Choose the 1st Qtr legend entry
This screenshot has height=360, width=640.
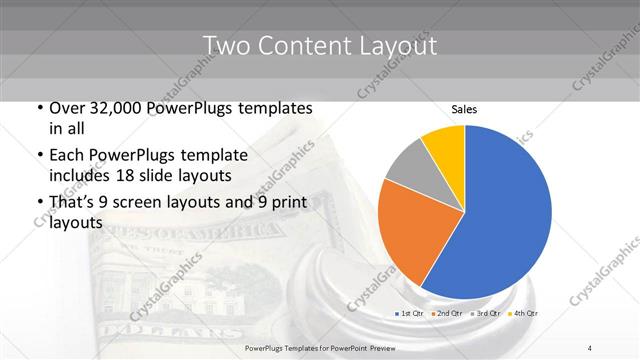pyautogui.click(x=408, y=314)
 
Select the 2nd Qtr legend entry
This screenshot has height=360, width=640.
pyautogui.click(x=446, y=314)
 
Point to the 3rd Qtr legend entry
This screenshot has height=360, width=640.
pyautogui.click(x=486, y=314)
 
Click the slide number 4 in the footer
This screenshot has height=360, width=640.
pyautogui.click(x=590, y=347)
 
